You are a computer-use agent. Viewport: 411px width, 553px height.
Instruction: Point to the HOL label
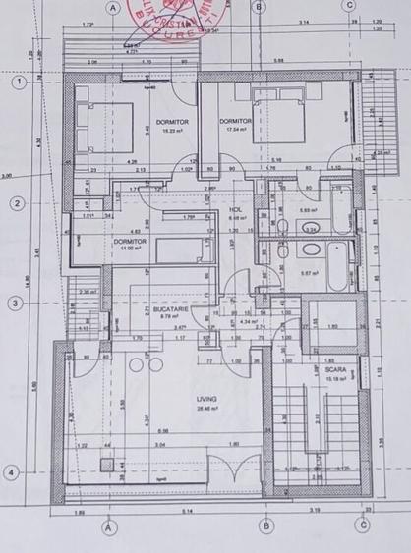pyautogui.click(x=236, y=209)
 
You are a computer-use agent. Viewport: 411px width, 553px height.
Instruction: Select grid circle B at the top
pyautogui.click(x=260, y=7)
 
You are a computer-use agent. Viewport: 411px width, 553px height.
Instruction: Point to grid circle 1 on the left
pyautogui.click(x=17, y=83)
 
